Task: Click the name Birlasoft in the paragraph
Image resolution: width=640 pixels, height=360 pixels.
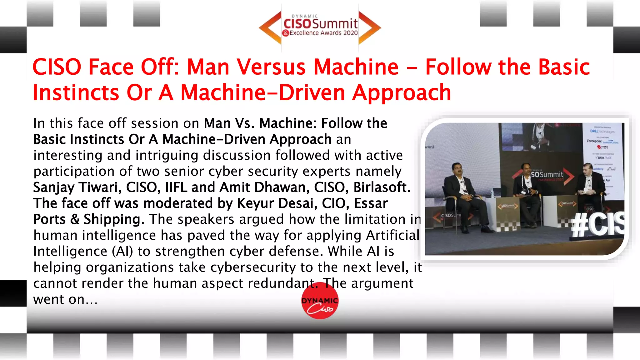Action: click(381, 187)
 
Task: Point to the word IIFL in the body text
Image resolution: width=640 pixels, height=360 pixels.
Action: click(176, 187)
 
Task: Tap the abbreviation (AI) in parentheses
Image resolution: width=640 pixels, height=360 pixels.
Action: click(122, 251)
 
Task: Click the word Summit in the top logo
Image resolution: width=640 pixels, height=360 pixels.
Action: click(335, 23)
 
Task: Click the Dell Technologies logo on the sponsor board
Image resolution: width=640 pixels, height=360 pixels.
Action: click(602, 131)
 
